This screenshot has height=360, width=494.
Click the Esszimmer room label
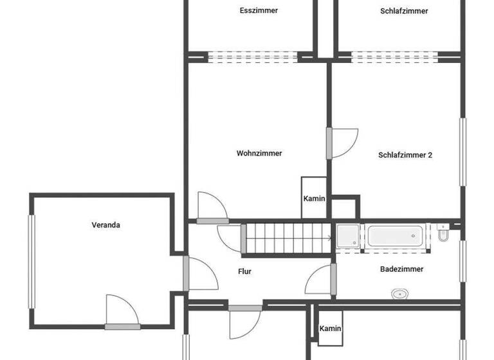259,10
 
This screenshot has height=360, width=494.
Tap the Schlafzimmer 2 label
405,155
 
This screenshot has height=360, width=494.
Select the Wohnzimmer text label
259,153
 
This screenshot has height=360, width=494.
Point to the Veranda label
106,225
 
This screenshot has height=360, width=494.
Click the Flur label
244,272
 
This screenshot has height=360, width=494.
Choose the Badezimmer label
402,269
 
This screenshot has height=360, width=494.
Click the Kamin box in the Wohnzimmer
315,198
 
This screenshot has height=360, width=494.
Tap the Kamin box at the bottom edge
330,329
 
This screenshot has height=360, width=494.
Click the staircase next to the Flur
288,238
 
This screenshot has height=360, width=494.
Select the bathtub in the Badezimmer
395,235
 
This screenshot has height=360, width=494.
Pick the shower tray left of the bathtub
349,235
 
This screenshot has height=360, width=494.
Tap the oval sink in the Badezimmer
400,294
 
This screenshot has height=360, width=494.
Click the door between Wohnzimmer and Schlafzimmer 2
341,143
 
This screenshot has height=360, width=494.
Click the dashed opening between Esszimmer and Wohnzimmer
252,57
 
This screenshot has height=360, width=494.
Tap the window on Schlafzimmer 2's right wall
462,152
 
